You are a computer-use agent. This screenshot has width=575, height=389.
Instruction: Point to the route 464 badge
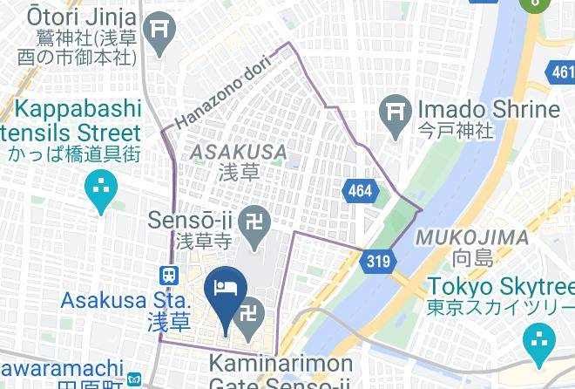tap(359, 189)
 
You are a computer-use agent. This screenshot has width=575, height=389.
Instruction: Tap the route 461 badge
tap(560, 73)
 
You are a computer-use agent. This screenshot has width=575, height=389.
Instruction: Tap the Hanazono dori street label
tap(223, 90)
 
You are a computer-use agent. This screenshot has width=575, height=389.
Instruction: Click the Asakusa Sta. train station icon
tap(169, 274)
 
